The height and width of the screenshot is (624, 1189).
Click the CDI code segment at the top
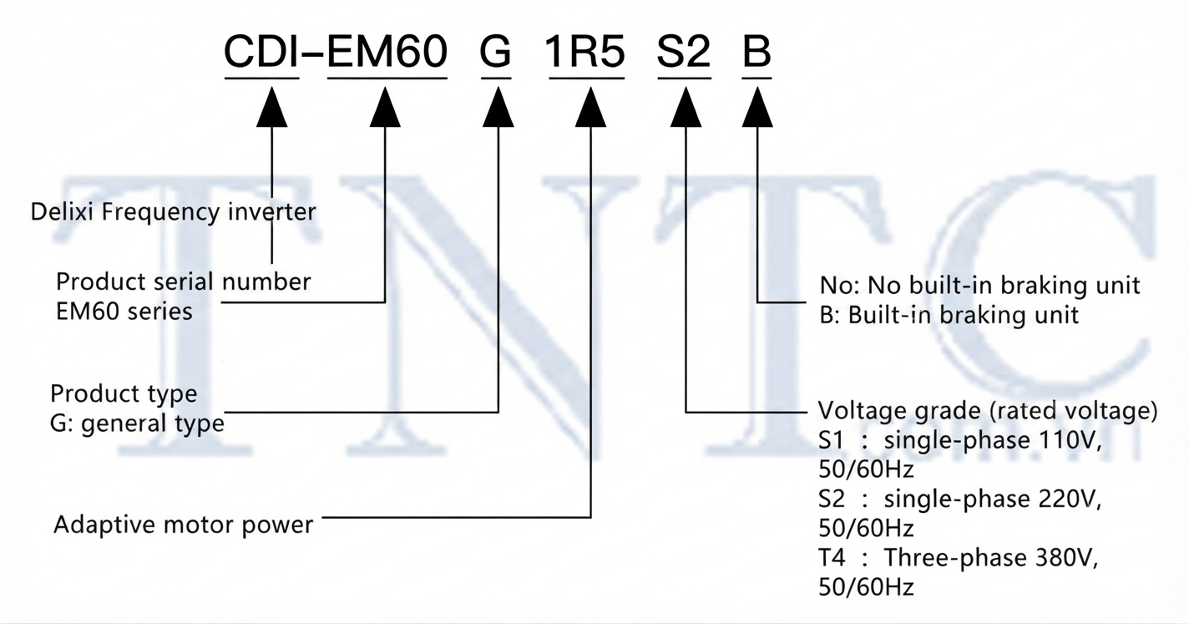click(x=261, y=52)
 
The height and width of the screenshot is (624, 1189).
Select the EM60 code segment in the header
click(x=387, y=52)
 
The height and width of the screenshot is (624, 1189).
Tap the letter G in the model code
click(x=495, y=52)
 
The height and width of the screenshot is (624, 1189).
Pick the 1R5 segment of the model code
click(x=585, y=52)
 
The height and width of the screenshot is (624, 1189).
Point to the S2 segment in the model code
click(x=684, y=52)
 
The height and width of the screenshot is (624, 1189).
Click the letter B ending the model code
click(x=756, y=52)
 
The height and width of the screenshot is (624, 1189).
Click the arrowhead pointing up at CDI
click(x=271, y=107)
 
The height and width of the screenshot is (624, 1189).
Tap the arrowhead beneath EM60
click(x=385, y=107)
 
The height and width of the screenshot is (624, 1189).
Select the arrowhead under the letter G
click(x=498, y=107)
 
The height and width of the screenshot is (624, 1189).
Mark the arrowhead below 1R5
click(x=590, y=107)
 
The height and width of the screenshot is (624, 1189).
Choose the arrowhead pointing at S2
click(x=686, y=107)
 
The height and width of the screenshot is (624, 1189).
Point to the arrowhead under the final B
click(x=757, y=107)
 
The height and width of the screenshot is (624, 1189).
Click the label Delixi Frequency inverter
click(x=173, y=212)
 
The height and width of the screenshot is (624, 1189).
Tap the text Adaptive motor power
click(x=183, y=525)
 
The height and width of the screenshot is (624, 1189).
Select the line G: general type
click(x=137, y=424)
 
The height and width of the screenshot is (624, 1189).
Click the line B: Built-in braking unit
click(x=949, y=315)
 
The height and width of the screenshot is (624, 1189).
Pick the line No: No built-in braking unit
click(x=980, y=286)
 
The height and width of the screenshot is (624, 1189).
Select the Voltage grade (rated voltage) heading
click(x=987, y=411)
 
